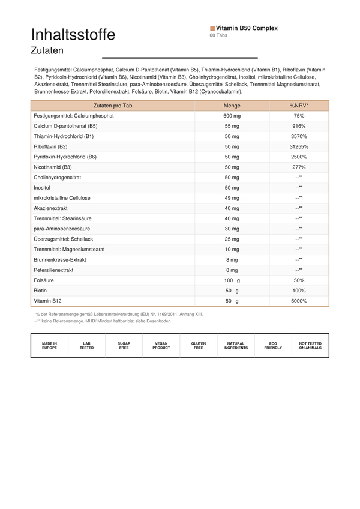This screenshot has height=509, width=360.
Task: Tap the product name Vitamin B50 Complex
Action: point(247,28)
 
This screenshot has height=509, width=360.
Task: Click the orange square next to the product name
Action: point(212,28)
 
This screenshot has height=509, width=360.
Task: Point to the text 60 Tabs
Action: point(218,35)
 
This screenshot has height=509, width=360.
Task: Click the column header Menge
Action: point(232,106)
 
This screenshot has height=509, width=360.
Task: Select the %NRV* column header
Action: point(299,106)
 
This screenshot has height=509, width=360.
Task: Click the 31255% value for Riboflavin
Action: point(299,146)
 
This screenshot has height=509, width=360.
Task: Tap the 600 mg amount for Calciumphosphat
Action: point(232,116)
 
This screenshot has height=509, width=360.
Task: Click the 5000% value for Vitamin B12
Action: point(299,301)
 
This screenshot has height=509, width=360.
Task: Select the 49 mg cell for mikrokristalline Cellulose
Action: point(232,198)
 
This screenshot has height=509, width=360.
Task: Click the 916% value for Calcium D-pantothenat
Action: point(299,126)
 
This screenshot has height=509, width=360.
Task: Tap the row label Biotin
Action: point(41,291)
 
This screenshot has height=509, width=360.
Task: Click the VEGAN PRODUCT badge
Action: point(161,346)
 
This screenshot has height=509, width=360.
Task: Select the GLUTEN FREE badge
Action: point(198,346)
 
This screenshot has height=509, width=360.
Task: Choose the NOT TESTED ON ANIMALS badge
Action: point(310,346)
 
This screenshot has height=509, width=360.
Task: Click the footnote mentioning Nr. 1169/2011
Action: point(119,314)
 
